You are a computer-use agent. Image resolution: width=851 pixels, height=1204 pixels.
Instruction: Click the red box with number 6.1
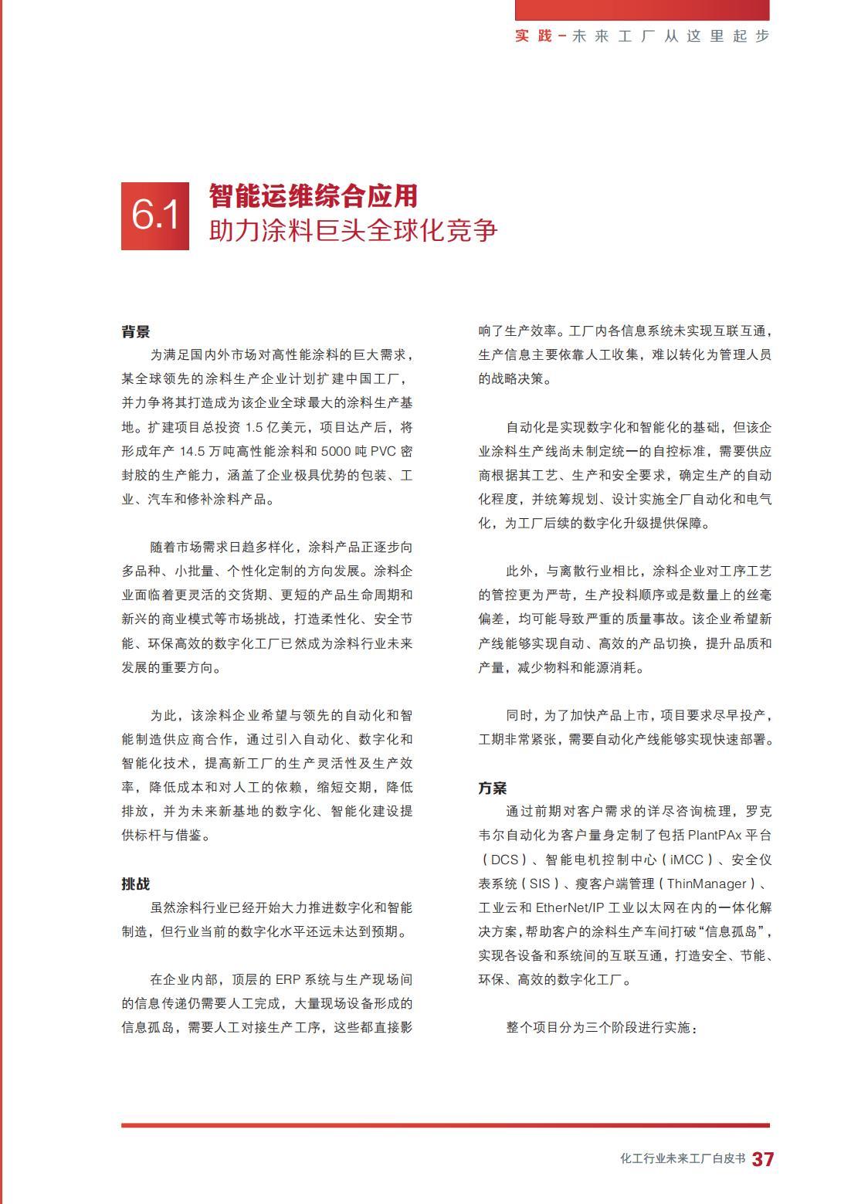(x=155, y=215)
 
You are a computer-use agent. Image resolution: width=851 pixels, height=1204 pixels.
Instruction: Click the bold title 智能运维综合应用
(x=313, y=196)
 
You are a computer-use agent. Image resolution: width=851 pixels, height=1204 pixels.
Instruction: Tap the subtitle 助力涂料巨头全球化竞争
(x=353, y=230)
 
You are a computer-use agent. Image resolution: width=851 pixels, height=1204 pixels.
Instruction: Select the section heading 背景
(x=135, y=331)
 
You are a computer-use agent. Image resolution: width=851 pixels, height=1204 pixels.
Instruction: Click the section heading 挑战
(x=135, y=883)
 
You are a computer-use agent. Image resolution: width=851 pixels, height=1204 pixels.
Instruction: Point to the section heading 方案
(x=492, y=788)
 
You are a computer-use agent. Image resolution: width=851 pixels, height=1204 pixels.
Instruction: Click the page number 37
(x=763, y=1159)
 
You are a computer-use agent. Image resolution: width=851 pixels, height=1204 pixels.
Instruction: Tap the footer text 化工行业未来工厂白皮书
(x=683, y=1159)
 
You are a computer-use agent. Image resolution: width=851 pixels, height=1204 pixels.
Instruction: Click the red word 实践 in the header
(x=534, y=36)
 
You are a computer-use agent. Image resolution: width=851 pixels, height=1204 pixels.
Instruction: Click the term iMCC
(x=687, y=860)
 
